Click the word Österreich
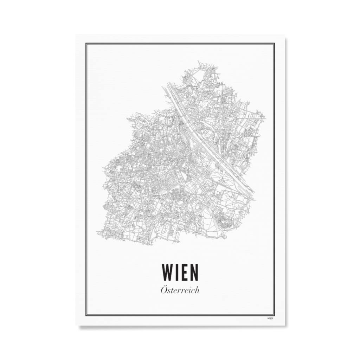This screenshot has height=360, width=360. tap(180, 290)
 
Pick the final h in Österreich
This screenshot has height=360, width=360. tap(197, 290)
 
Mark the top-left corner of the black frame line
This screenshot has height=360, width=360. tap(86, 44)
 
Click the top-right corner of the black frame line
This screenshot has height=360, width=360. tap(274, 44)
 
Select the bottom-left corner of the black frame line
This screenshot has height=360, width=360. tap(86, 315)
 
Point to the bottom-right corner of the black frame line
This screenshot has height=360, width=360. tap(274, 315)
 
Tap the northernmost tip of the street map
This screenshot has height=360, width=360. tap(199, 62)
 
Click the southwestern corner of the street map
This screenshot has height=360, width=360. tap(98, 233)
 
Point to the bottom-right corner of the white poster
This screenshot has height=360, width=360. tap(285, 326)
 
